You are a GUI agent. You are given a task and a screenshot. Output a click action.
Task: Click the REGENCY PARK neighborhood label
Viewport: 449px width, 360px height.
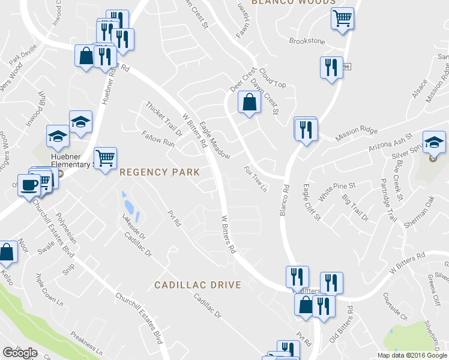pyautogui.click(x=160, y=172)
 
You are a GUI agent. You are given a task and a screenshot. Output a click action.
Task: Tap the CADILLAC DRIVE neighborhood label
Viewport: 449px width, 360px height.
pyautogui.click(x=197, y=285)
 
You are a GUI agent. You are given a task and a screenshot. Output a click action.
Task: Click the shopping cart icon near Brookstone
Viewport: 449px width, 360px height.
pyautogui.click(x=342, y=19)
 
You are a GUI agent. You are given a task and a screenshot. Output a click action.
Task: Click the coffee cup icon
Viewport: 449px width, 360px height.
pyautogui.click(x=28, y=184)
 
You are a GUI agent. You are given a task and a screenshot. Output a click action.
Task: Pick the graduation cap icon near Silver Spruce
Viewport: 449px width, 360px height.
pyautogui.click(x=434, y=142)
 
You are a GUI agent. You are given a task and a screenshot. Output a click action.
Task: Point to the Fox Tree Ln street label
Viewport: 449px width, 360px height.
pyautogui.click(x=255, y=179)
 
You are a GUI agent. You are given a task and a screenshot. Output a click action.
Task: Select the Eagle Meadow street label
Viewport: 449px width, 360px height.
pyautogui.click(x=214, y=140)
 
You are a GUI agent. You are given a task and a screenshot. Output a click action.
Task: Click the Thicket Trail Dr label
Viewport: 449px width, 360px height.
pyautogui.click(x=163, y=118)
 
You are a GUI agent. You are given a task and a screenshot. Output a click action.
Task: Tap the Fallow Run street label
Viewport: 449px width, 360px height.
pyautogui.click(x=158, y=140)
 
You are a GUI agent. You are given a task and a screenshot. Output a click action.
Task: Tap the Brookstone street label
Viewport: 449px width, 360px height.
pyautogui.click(x=307, y=41)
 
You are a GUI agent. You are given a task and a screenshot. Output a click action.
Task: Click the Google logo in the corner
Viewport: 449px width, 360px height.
pyautogui.click(x=20, y=353)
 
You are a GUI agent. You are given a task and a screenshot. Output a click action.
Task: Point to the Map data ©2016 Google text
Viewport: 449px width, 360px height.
pyautogui.click(x=411, y=355)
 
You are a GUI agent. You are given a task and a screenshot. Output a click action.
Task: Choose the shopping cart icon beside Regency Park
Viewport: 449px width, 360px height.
pyautogui.click(x=106, y=158)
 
